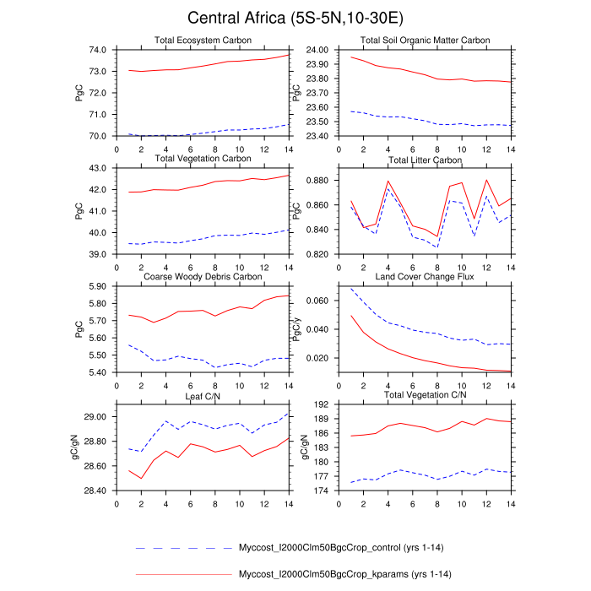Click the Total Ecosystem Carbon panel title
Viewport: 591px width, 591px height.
pos(202,41)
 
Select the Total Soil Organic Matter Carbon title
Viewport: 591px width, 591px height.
pos(425,41)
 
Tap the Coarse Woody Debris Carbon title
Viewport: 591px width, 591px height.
pos(202,277)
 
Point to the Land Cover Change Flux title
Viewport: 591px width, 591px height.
pos(425,277)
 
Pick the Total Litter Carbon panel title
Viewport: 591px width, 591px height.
pos(425,160)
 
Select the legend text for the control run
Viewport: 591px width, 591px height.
pos(339,548)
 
